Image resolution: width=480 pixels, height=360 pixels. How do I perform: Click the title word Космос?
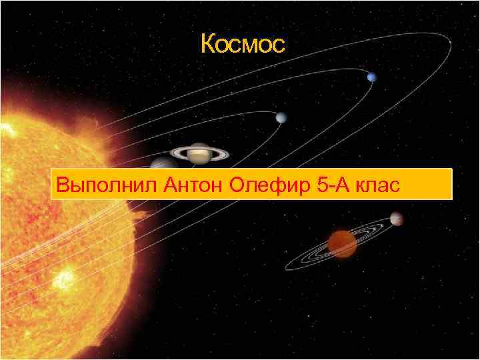tap(242, 45)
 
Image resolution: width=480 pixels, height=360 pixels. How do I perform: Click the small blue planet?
tap(371, 77)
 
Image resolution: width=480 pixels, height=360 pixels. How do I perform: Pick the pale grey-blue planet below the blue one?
tap(280, 118)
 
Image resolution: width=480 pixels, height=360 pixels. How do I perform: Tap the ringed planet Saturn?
tap(199, 153)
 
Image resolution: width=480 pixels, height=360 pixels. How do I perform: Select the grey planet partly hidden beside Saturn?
tap(161, 163)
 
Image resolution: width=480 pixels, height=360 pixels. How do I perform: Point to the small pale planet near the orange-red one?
tap(397, 219)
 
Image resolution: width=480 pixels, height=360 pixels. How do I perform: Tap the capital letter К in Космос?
tap(207, 45)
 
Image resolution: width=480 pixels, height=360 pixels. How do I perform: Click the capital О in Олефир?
tap(237, 185)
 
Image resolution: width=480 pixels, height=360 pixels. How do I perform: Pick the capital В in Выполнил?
tap(62, 185)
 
